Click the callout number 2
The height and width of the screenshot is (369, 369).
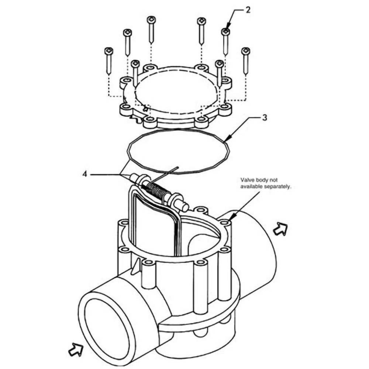[248, 10]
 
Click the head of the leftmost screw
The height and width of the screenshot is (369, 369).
[108, 51]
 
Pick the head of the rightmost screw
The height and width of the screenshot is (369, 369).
[245, 51]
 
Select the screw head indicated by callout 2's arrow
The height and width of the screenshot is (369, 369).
[225, 32]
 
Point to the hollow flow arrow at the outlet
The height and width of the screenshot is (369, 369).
[280, 230]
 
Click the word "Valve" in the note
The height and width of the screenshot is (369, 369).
[248, 180]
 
